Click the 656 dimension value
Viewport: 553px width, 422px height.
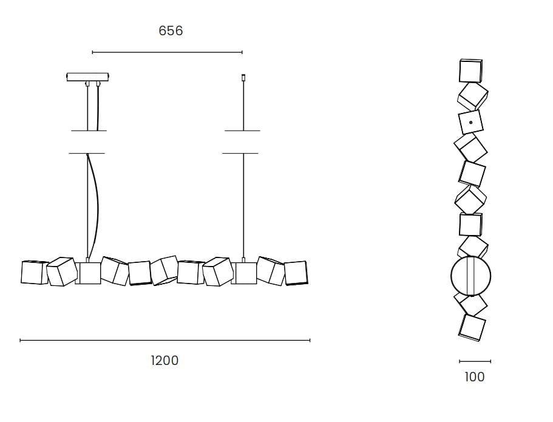click(x=171, y=30)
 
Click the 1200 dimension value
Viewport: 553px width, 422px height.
click(x=165, y=360)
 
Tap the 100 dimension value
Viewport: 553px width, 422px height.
click(x=475, y=376)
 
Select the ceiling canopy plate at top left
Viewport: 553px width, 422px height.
click(x=88, y=77)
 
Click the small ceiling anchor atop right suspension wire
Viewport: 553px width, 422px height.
click(x=243, y=77)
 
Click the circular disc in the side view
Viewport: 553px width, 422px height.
click(x=470, y=276)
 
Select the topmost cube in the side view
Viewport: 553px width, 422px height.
click(x=470, y=71)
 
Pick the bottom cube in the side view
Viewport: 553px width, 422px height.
click(x=472, y=327)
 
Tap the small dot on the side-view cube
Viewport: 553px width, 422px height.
click(x=471, y=123)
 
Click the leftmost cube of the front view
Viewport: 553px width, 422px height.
click(x=34, y=272)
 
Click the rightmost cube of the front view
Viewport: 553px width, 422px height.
click(x=296, y=273)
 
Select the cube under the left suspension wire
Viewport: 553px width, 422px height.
click(x=89, y=273)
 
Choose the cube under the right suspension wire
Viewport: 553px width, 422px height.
click(x=243, y=273)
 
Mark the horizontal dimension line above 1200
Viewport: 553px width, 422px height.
click(x=165, y=341)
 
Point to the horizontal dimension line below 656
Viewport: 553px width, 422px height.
click(x=167, y=52)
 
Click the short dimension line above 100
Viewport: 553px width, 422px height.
click(x=475, y=361)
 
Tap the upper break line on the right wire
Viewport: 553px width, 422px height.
click(x=242, y=131)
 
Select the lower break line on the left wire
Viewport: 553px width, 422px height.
click(x=87, y=153)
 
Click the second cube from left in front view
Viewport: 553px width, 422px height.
click(x=61, y=271)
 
